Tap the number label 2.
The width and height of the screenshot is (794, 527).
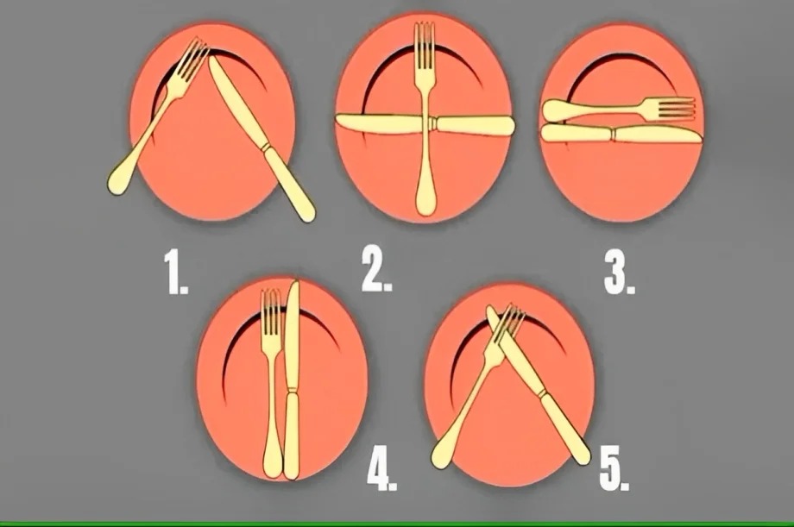[377, 273]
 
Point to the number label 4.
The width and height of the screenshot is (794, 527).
[381, 469]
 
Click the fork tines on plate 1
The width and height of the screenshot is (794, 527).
[192, 60]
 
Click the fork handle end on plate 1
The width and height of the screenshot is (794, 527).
[118, 182]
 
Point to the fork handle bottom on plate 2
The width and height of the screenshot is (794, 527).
[425, 204]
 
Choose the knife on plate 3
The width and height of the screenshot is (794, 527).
[621, 135]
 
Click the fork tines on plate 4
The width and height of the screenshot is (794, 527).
[271, 307]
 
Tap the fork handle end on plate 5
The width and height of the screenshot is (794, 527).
[442, 457]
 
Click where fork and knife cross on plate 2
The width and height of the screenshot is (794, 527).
[425, 125]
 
